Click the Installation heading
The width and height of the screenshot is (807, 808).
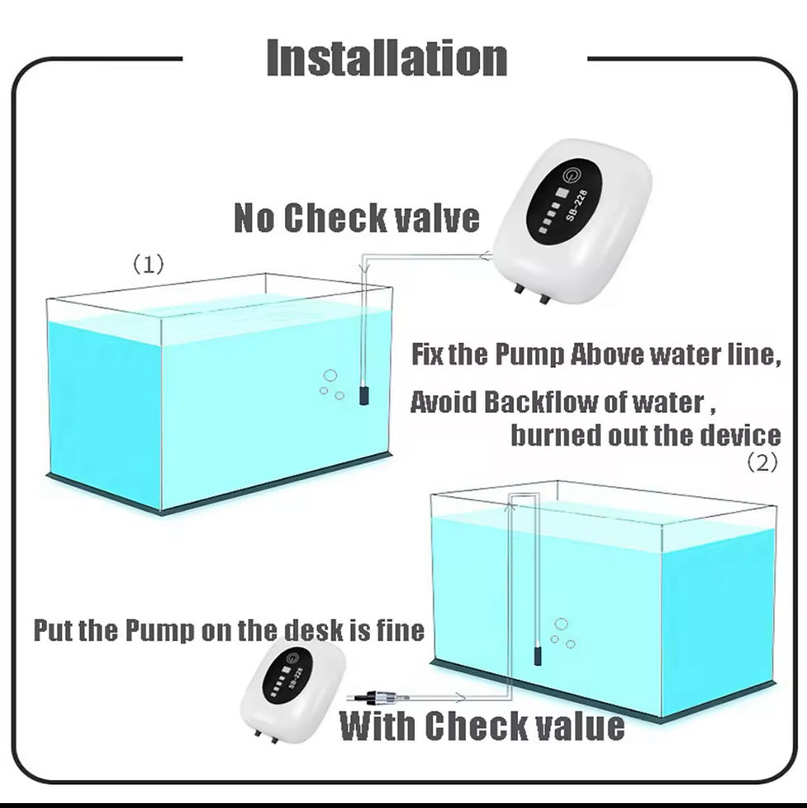pos(386,58)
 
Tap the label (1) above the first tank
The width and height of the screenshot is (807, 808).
pos(149,264)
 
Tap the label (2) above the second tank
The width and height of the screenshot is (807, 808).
pos(762,462)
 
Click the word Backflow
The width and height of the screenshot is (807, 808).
pos(524,402)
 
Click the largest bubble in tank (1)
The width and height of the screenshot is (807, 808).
pos(330,375)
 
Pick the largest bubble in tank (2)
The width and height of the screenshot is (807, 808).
pos(562,625)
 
